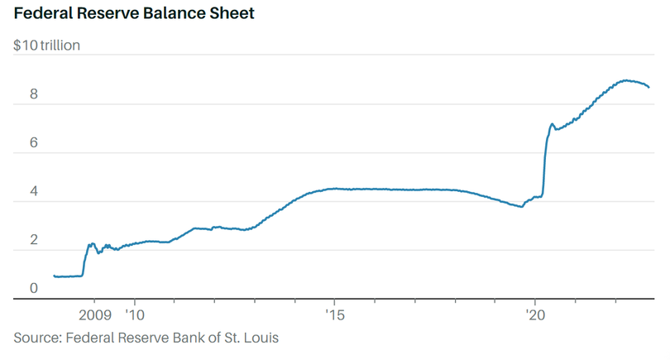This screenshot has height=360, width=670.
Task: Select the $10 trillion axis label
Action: [46, 46]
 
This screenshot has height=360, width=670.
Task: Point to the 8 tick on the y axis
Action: [34, 94]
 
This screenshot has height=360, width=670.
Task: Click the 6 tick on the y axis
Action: [34, 143]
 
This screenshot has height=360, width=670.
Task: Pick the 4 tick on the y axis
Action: [34, 191]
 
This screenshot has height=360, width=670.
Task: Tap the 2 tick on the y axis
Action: [34, 240]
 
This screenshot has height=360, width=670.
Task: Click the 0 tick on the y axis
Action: [34, 288]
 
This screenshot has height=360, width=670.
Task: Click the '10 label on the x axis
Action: [134, 315]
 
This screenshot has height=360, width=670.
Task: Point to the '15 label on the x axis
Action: [334, 315]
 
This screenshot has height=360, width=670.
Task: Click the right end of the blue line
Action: [649, 87]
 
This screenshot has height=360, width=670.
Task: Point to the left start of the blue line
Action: [54, 276]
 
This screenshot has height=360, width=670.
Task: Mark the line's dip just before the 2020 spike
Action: [521, 206]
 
